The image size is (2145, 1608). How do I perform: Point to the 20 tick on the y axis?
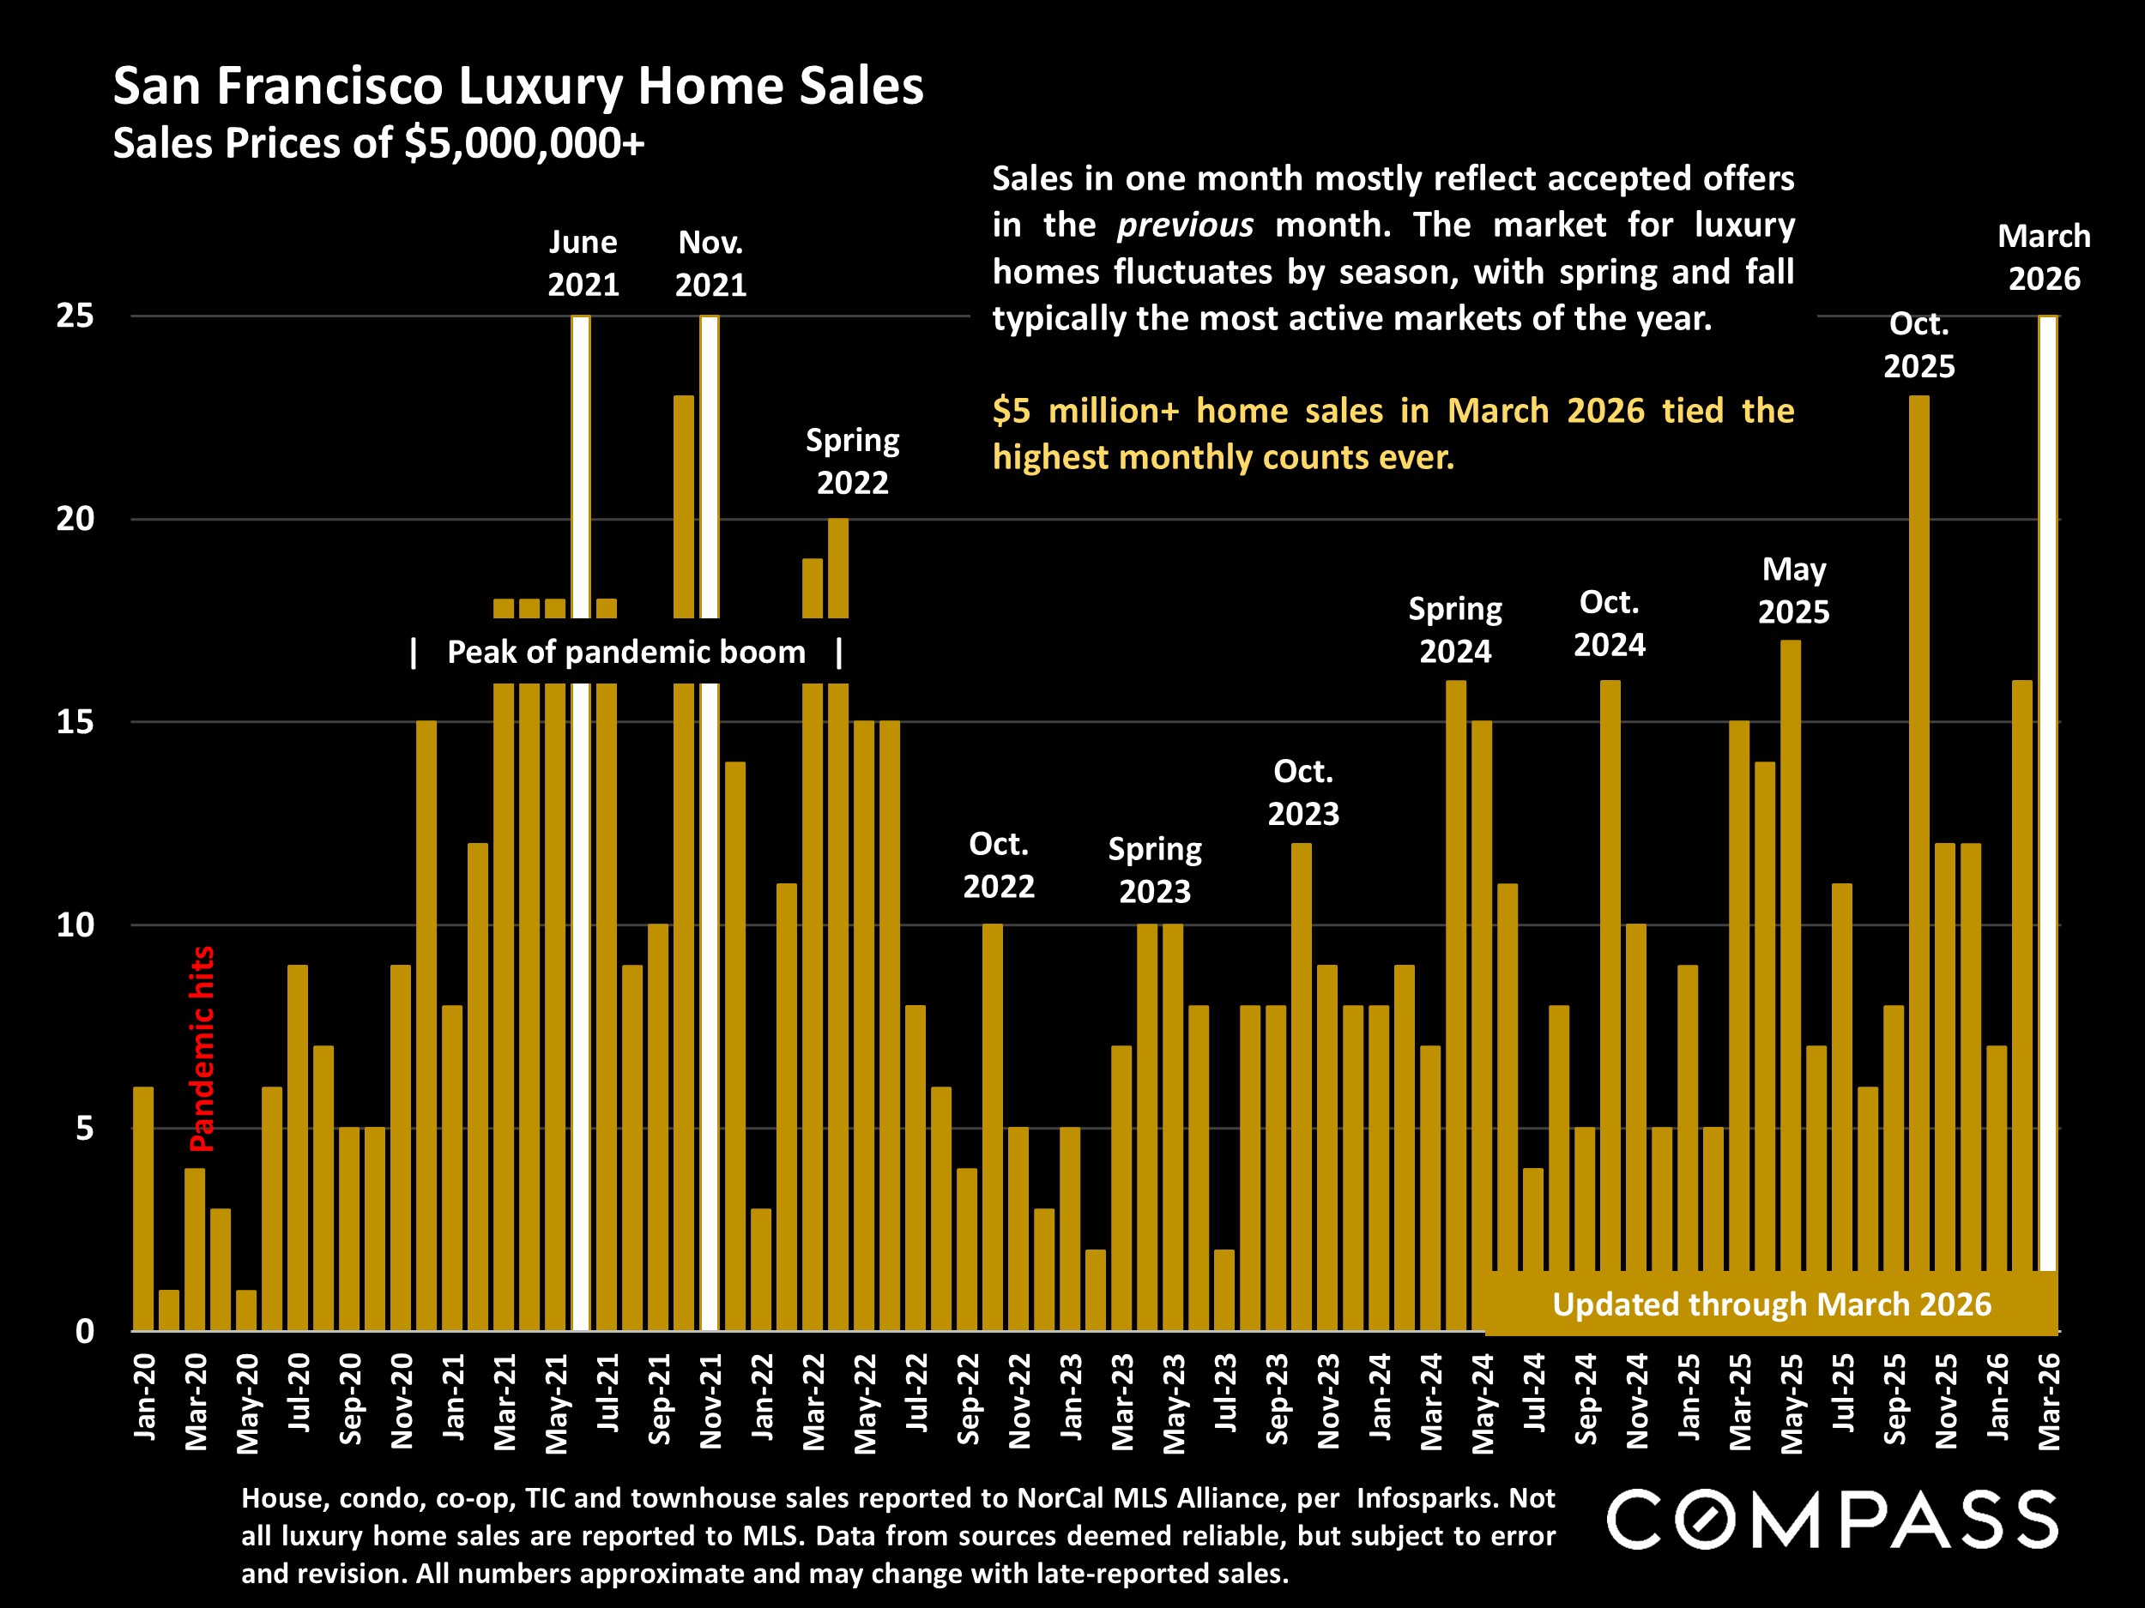(75, 519)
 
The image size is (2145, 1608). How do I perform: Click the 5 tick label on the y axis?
(84, 1129)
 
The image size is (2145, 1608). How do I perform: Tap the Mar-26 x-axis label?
(2048, 1401)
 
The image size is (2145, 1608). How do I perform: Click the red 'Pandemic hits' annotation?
(202, 1049)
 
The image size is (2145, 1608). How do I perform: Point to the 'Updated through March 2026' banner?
(1771, 1304)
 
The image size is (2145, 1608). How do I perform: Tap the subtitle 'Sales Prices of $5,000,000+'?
(378, 143)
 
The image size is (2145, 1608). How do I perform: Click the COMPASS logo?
(1832, 1519)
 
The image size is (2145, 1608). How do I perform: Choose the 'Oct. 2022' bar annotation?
(999, 864)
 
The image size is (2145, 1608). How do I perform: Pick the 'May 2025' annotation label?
(1794, 590)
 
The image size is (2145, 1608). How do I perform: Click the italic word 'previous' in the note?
(1185, 225)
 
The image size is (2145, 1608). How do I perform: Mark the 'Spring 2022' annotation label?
(852, 461)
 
